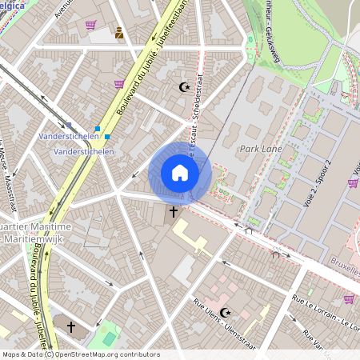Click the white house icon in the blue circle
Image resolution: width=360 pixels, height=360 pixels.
coord(180,173)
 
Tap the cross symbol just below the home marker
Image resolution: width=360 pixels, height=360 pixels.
coord(174,213)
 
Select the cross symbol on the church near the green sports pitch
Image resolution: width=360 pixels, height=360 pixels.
coord(71,327)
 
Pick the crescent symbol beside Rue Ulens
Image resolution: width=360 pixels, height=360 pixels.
coord(225,313)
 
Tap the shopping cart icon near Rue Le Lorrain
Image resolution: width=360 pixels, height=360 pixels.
coord(349,299)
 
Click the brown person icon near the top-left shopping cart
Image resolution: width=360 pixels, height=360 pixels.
coord(119,33)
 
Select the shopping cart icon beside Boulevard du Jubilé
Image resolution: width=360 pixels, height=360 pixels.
coord(119,83)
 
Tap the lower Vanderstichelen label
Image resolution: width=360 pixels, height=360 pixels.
coord(77,150)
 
